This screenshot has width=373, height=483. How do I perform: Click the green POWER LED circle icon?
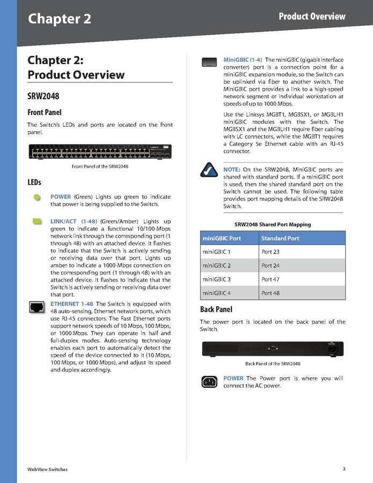(36, 197)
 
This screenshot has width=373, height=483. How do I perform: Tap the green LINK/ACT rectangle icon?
(36, 221)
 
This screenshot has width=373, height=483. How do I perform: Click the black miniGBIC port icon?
(209, 62)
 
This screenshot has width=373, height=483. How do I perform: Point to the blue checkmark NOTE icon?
(208, 170)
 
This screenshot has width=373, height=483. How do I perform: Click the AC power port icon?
(209, 382)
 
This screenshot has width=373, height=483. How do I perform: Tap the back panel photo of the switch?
(272, 349)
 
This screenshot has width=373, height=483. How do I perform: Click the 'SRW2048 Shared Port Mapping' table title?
(273, 225)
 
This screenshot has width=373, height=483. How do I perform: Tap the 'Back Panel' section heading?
(216, 309)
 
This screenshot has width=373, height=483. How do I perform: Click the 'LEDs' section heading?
(34, 183)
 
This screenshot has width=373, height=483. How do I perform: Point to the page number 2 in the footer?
(344, 468)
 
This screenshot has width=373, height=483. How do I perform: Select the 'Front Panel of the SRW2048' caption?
(100, 167)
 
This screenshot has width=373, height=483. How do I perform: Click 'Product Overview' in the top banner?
(312, 17)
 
